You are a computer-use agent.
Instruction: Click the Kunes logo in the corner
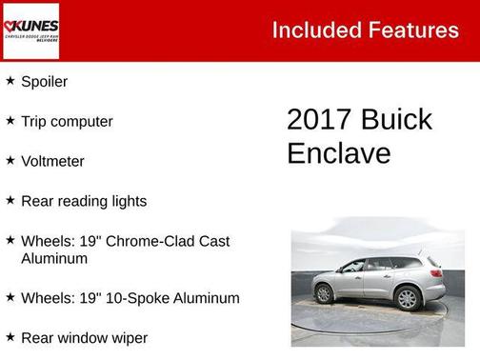point(30,30)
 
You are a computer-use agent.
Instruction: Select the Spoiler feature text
point(44,82)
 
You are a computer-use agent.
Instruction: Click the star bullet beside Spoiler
point(10,81)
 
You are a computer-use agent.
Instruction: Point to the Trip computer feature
point(67,122)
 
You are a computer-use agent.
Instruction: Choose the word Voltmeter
point(52,162)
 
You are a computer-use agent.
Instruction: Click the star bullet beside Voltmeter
point(10,161)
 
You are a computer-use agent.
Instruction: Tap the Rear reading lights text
point(84,202)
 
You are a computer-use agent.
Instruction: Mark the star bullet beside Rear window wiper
point(10,337)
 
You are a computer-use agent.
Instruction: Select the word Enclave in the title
point(339,153)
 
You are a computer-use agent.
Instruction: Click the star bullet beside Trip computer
point(10,121)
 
